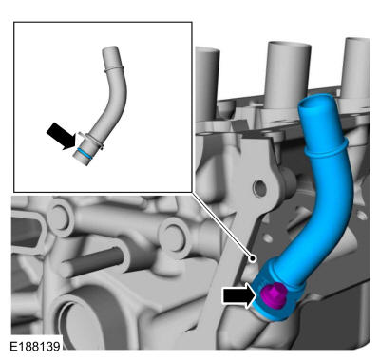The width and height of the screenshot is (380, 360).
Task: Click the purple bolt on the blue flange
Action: [x=274, y=295]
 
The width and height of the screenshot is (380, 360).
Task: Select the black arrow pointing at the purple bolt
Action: [x=239, y=295]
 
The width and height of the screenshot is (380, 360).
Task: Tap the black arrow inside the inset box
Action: [x=62, y=136]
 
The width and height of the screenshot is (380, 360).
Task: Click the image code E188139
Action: [x=35, y=346]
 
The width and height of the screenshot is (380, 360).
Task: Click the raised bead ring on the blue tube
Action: [x=327, y=149]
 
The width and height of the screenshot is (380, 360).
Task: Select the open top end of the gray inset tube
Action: [x=110, y=49]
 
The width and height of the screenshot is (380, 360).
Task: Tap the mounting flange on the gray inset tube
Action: [x=91, y=140]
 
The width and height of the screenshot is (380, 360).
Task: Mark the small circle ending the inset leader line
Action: [x=253, y=258]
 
